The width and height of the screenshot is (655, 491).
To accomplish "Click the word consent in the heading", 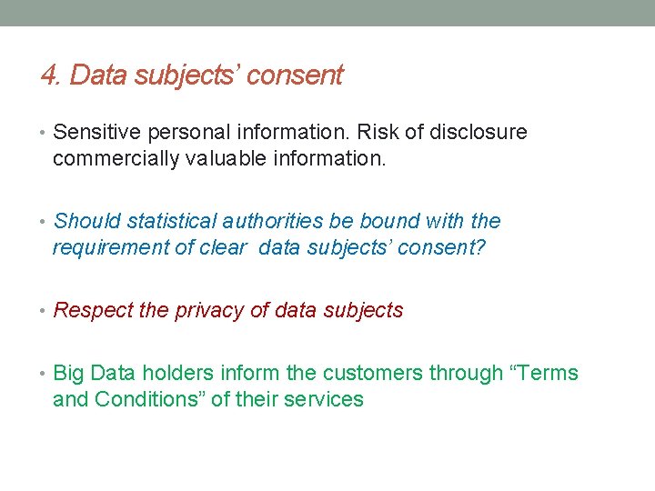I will coord(295,75).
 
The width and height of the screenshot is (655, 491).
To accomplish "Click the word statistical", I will coord(169,221).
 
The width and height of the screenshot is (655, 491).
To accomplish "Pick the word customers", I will coord(375,373).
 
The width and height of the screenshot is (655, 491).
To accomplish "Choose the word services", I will coord(324,399).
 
